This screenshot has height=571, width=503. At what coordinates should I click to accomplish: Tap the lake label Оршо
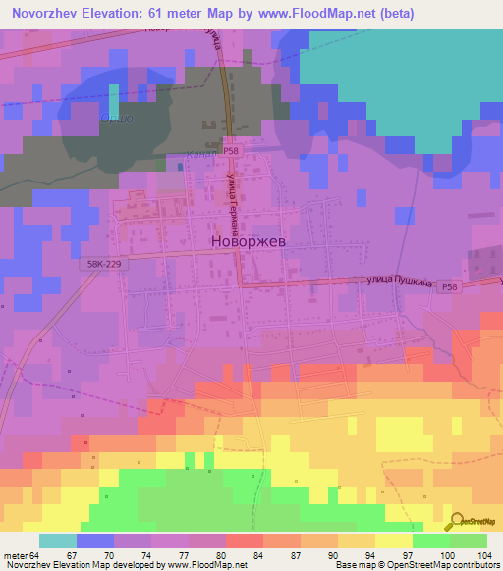(115, 119)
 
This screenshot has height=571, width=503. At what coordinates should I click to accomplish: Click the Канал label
(199, 154)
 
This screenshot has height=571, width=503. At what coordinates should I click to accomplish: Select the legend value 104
(485, 554)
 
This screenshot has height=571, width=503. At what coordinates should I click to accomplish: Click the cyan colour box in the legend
(58, 541)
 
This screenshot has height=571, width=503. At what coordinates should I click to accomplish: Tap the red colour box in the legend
(244, 541)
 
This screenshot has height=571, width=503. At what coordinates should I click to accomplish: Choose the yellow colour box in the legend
(393, 541)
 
